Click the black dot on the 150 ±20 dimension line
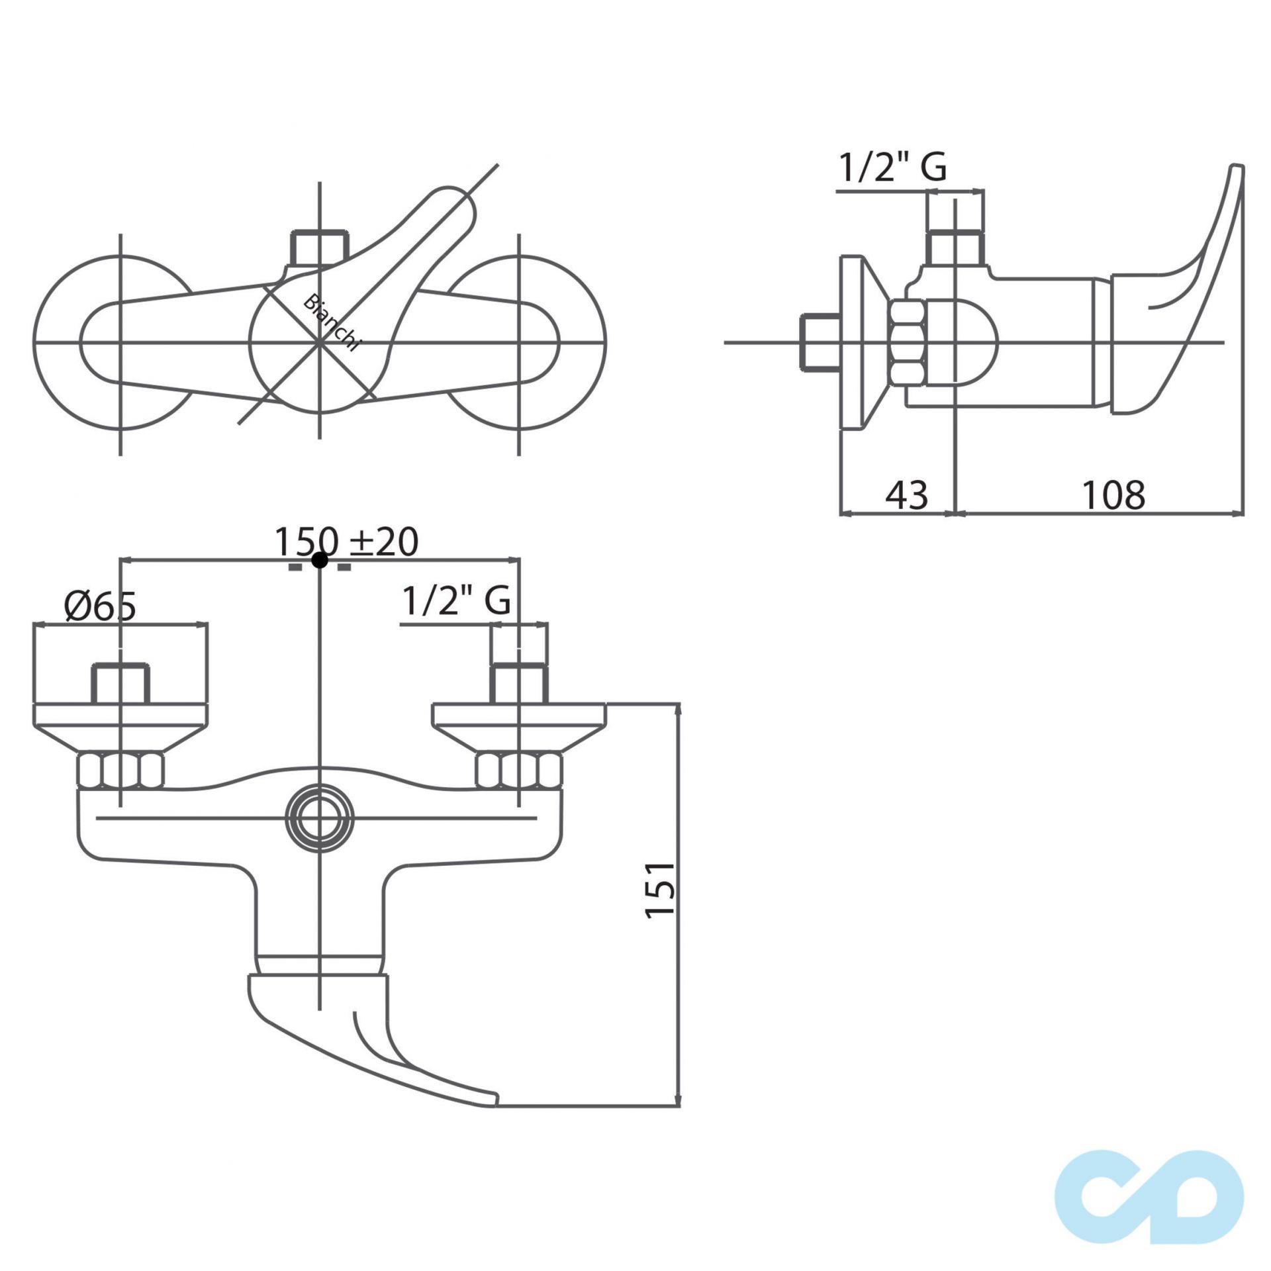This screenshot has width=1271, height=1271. pyautogui.click(x=320, y=560)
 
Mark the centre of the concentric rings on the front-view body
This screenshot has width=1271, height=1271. pyautogui.click(x=320, y=819)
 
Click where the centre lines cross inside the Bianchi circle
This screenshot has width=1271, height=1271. pyautogui.click(x=320, y=342)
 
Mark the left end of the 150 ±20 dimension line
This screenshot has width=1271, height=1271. pyautogui.click(x=120, y=560)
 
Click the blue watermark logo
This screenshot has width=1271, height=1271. pyautogui.click(x=1149, y=1187)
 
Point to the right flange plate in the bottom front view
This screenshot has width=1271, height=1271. pyautogui.click(x=519, y=727)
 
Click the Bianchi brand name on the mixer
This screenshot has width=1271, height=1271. pyautogui.click(x=332, y=322)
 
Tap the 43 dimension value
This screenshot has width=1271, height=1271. pyautogui.click(x=907, y=495)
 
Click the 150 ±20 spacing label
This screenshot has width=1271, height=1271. pyautogui.click(x=346, y=541)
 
